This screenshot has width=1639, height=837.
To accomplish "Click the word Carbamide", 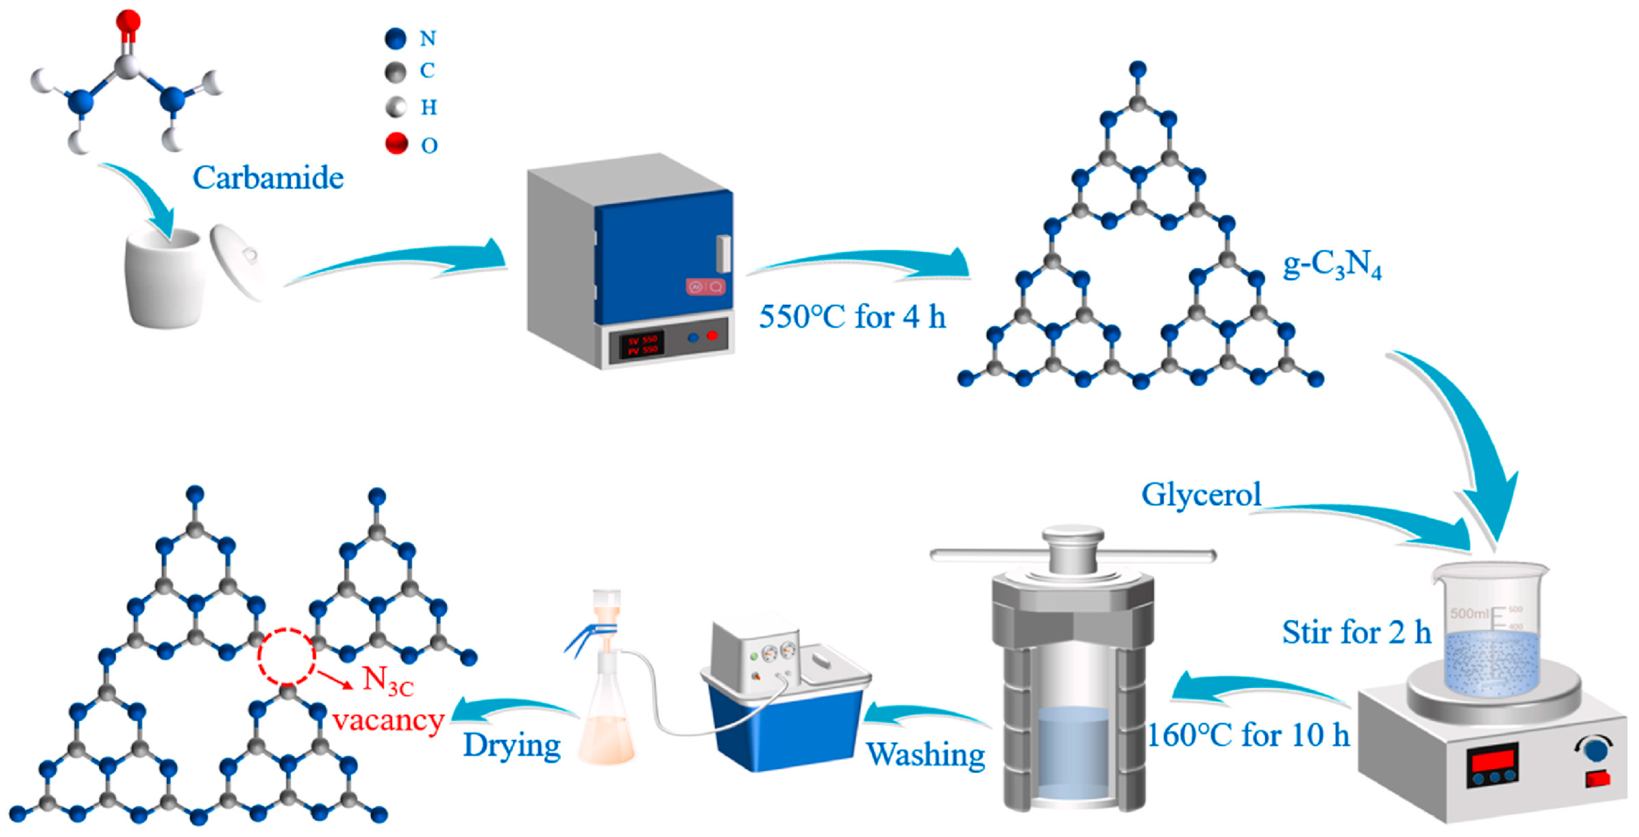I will (x=268, y=178).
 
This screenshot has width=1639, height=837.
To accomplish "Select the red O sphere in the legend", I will (x=397, y=144).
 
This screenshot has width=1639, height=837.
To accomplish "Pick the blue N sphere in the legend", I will (x=395, y=39).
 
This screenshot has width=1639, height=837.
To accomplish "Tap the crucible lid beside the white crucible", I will (x=237, y=260).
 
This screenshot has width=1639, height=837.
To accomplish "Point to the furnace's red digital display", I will (x=642, y=344).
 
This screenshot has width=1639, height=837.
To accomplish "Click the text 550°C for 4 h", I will (x=852, y=317).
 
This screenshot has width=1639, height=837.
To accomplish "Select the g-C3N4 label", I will (x=1332, y=265).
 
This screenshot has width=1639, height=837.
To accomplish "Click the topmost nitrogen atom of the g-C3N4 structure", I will (x=1137, y=69).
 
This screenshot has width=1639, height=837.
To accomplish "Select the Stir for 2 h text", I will (x=1356, y=632).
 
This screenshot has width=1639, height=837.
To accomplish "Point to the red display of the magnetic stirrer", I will (x=1492, y=760).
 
